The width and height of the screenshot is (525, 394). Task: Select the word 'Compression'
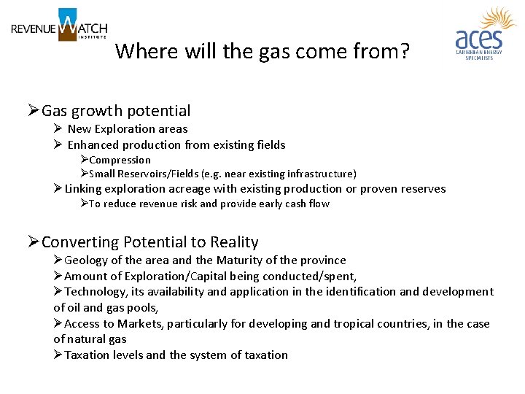120,160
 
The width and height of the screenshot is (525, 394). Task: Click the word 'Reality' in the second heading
234,242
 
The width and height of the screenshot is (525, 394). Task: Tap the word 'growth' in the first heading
94,111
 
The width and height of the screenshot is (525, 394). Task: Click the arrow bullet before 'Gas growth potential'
33,111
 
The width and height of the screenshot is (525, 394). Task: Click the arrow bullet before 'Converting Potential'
33,242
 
